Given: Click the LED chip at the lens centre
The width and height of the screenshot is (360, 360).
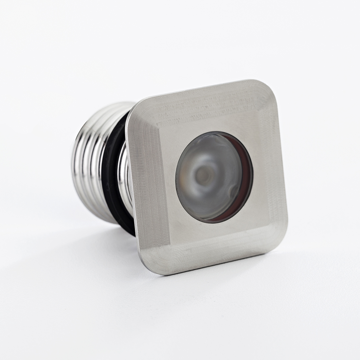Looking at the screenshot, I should (x=203, y=175).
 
